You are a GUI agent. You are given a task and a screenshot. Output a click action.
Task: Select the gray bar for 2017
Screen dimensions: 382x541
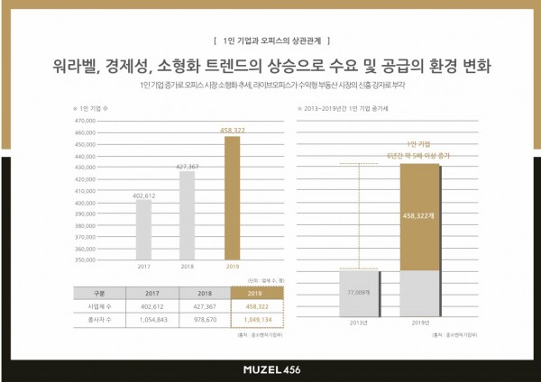coord(144,230)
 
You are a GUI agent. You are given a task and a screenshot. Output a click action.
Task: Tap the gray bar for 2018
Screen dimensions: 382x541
coord(188,215)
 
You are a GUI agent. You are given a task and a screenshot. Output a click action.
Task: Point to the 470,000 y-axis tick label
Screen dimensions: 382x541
coord(85,120)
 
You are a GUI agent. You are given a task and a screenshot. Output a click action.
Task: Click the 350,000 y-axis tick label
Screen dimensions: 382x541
coord(85,259)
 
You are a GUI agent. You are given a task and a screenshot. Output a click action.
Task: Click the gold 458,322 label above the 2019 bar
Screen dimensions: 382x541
coord(232,130)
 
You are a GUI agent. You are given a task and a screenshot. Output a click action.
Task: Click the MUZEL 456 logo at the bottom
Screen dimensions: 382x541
coord(270,368)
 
